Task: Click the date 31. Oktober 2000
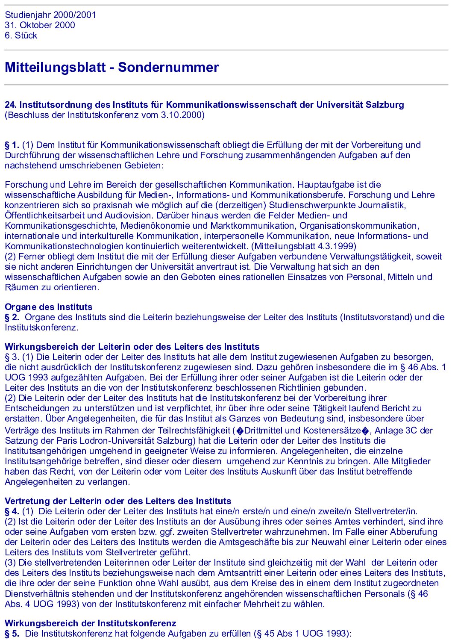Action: click(40, 25)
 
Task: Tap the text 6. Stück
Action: click(21, 35)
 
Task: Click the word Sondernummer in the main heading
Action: click(168, 67)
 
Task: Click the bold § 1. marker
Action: click(12, 145)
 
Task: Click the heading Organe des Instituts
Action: click(48, 307)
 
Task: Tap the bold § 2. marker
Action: click(12, 317)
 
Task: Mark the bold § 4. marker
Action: click(12, 511)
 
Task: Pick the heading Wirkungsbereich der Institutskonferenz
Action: click(90, 623)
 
